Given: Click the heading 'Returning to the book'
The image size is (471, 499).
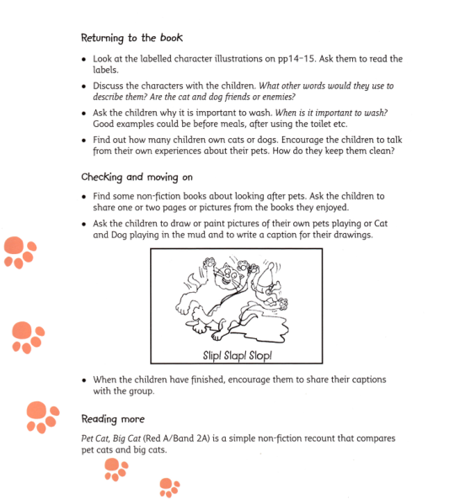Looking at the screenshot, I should pos(131,38).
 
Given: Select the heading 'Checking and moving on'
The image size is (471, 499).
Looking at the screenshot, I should pos(138,178).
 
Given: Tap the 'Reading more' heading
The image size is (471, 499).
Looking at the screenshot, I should pos(113,419).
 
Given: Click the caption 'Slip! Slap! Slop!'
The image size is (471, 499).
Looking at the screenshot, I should pos(237,355).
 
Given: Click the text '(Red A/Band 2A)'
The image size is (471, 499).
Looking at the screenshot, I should pos(195,438).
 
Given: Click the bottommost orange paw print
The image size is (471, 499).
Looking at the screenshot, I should pos(169,486).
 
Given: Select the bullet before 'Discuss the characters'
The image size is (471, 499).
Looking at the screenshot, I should pos(84,87).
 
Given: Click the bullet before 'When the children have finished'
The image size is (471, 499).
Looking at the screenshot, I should pos(84,380).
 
